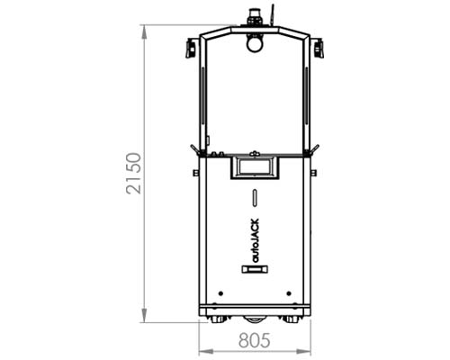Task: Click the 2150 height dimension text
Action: [x=133, y=174]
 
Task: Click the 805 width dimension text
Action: [x=255, y=340]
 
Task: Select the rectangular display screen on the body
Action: [x=254, y=166]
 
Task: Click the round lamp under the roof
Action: [x=255, y=40]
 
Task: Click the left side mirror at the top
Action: [x=191, y=48]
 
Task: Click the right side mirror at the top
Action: [x=318, y=48]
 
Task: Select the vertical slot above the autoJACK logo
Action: [x=255, y=198]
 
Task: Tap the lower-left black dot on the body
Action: [x=220, y=293]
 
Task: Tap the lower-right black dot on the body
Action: [x=288, y=293]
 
